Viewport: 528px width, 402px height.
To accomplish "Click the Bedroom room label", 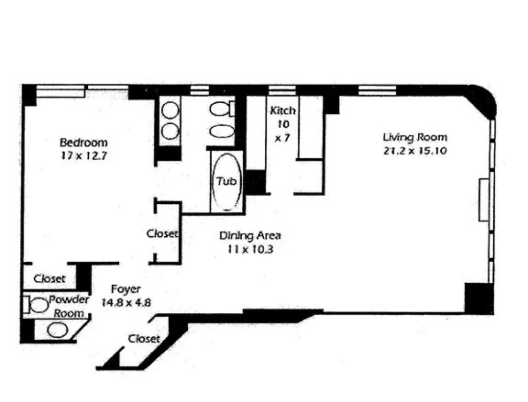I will [x=83, y=142].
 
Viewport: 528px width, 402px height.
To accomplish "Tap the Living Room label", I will [x=415, y=137].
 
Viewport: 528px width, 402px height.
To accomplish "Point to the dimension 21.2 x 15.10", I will [x=415, y=151].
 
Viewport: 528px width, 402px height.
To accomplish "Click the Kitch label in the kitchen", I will [x=283, y=111].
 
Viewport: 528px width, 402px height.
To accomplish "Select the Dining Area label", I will [x=250, y=235].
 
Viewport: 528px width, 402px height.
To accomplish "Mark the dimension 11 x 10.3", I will [x=250, y=249].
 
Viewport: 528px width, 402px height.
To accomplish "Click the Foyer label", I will [x=125, y=288].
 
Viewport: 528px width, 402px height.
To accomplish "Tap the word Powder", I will [x=69, y=300].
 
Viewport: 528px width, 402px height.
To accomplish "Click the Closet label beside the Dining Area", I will [x=162, y=233].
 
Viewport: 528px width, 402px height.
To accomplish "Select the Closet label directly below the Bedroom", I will [x=50, y=278].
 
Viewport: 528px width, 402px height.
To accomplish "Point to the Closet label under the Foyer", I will [x=144, y=338].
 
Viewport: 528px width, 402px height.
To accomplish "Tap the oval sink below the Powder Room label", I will [x=57, y=330].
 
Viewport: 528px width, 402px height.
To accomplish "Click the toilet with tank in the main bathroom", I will [x=222, y=109].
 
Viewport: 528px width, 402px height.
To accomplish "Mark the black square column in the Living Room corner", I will [x=478, y=298].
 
